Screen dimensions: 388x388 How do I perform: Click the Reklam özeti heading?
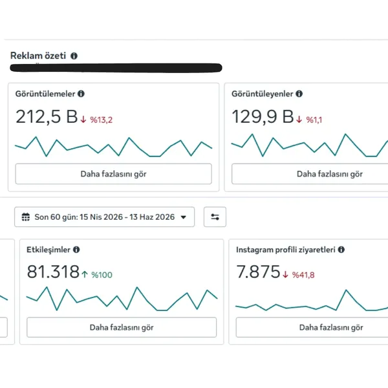[x=38, y=56]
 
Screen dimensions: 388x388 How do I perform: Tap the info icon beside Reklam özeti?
[x=74, y=56]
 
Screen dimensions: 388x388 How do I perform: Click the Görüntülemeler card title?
[x=45, y=94]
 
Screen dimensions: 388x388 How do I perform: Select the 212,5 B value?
[x=47, y=116]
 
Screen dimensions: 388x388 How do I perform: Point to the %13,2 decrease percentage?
[x=102, y=120]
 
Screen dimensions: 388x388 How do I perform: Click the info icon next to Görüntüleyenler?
[x=299, y=94]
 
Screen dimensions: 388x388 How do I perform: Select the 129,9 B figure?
[x=263, y=116]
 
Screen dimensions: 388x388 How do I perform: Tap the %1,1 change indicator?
[x=314, y=120]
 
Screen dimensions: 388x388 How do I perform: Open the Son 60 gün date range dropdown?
[x=104, y=217]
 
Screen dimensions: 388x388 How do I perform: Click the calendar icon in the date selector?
[x=26, y=217]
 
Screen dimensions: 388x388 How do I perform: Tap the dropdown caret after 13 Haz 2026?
[x=184, y=217]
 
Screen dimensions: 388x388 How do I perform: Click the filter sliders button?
[x=215, y=217]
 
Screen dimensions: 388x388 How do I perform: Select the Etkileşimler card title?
[x=48, y=250]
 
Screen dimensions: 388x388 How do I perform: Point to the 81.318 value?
[x=53, y=272]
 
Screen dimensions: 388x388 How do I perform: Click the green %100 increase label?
[x=102, y=275]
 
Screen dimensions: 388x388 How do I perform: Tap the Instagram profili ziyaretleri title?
[x=286, y=250]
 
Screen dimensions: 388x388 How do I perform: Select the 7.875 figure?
[x=258, y=272]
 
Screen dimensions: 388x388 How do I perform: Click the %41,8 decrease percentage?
[x=303, y=275]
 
